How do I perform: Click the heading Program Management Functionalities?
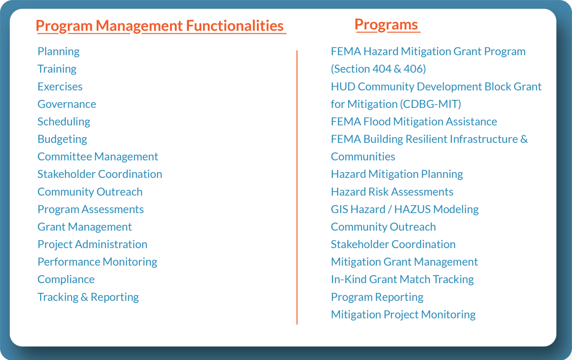[160, 26]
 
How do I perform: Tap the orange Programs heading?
[386, 25]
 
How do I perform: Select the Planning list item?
[58, 51]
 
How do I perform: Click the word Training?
[57, 69]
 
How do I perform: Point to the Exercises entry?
[60, 86]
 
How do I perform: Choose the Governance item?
[67, 104]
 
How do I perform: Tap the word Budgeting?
[62, 139]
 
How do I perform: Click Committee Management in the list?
[98, 157]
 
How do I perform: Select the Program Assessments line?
[90, 209]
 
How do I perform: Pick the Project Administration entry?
[92, 244]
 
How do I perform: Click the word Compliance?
[66, 279]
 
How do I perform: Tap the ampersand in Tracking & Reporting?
[85, 297]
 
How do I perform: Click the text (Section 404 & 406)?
[378, 69]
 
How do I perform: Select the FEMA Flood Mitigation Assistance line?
[414, 121]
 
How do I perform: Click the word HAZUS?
[412, 209]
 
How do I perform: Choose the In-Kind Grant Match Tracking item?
[402, 279]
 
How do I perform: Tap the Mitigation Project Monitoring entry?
[403, 315]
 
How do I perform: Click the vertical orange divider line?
[297, 186]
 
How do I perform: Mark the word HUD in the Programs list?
[343, 86]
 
